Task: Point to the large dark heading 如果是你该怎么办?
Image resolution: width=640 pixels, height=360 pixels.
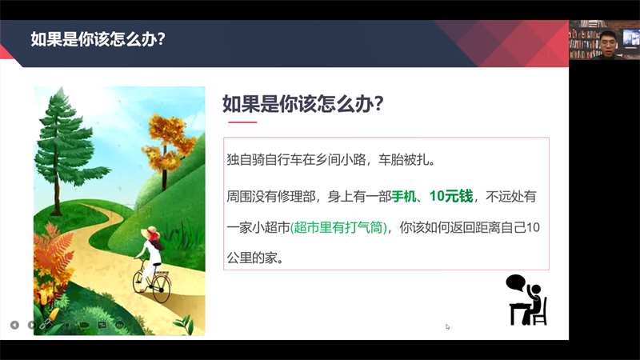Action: (303, 104)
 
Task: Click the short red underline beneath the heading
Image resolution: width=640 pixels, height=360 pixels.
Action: (242, 122)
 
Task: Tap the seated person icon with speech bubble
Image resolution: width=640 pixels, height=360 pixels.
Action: (526, 298)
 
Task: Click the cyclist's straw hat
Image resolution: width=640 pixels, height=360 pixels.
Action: (150, 233)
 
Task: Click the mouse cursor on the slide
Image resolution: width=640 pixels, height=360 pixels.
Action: (448, 326)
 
